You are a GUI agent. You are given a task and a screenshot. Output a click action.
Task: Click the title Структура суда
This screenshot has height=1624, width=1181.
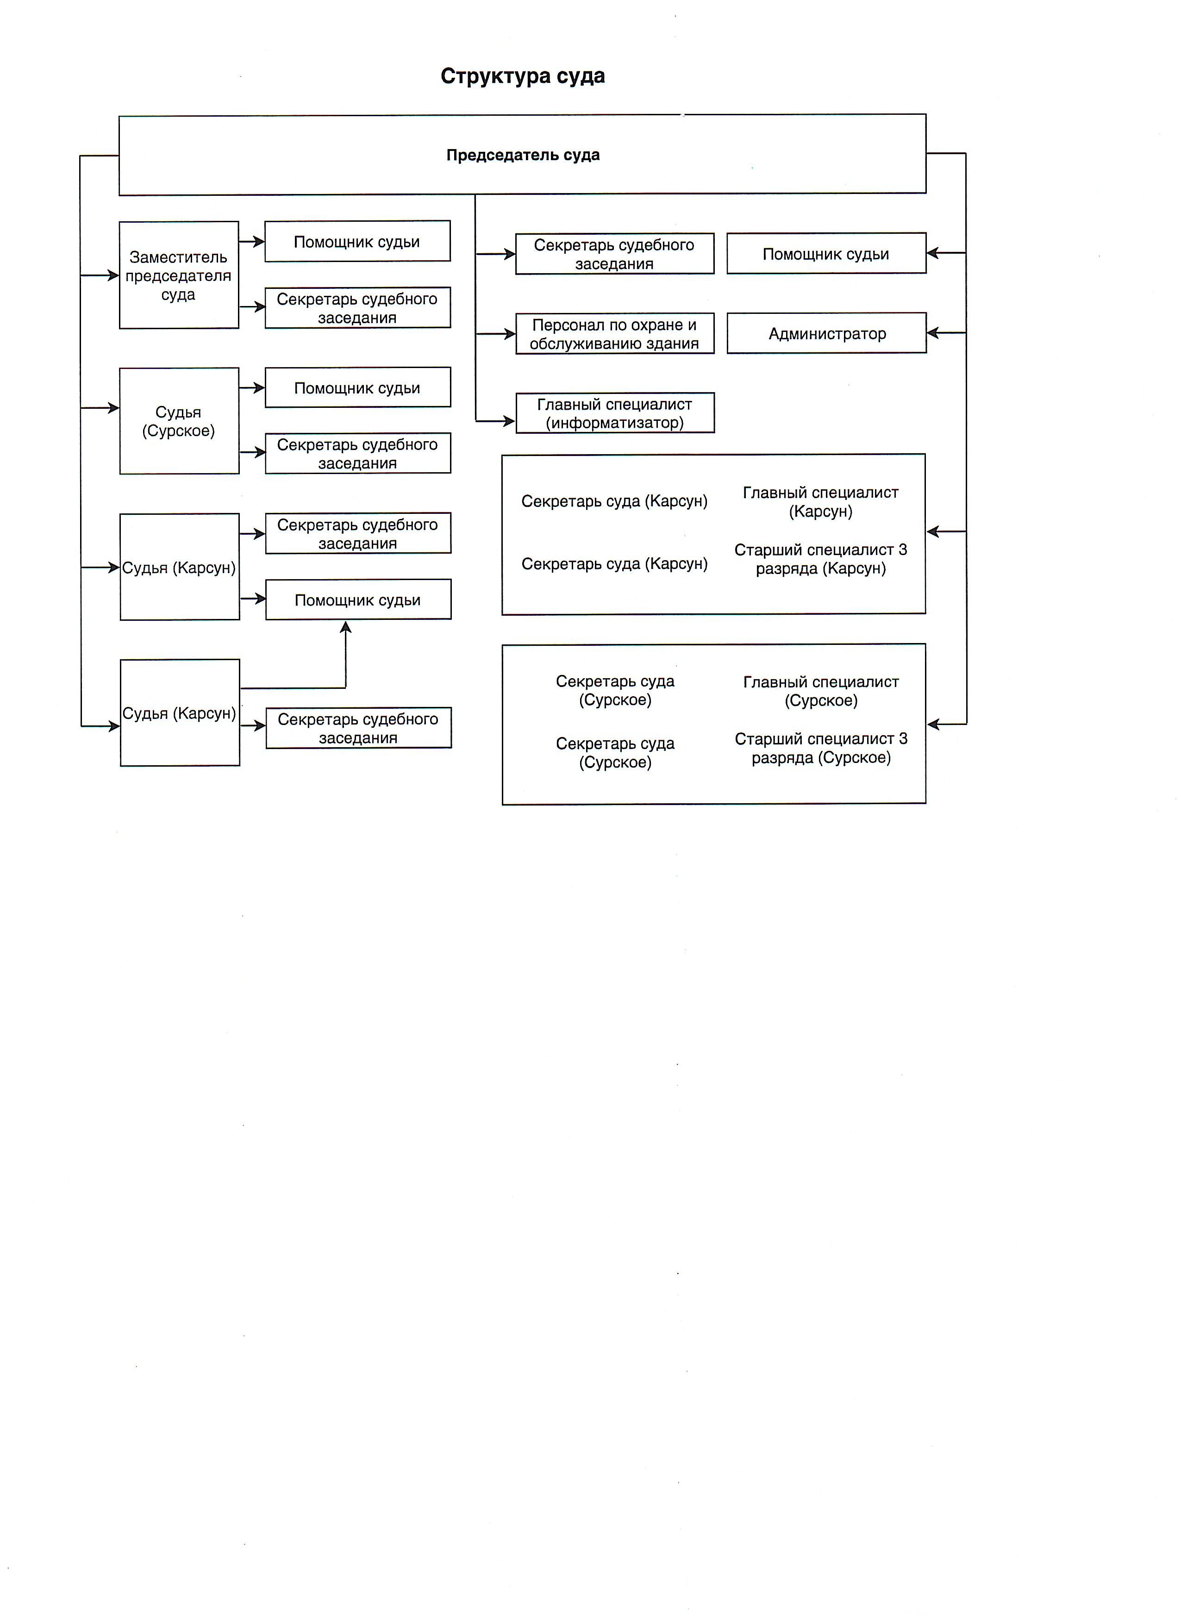pos(522,76)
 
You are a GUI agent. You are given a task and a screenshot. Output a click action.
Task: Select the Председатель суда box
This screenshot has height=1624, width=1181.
pos(522,155)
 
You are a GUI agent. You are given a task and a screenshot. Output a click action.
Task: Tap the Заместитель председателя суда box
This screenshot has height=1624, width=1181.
pos(178,275)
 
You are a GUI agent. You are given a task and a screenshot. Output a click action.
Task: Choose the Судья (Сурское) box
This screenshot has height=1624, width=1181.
pos(178,421)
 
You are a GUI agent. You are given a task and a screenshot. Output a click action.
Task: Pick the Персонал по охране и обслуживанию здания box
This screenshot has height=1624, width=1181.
pos(614,334)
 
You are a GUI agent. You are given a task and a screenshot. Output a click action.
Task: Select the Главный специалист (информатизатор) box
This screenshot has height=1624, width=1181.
pos(614,413)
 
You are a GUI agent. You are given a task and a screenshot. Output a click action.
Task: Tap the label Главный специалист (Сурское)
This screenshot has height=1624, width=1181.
pos(821,691)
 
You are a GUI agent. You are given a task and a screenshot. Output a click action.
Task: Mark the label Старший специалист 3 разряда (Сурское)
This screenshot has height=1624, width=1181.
pos(821,748)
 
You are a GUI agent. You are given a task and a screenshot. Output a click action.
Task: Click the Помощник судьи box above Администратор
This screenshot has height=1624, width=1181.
pos(826,254)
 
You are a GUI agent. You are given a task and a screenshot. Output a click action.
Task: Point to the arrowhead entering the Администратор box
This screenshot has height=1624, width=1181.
pos(932,333)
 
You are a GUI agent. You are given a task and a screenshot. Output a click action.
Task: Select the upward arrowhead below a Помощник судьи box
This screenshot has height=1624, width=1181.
pos(346,627)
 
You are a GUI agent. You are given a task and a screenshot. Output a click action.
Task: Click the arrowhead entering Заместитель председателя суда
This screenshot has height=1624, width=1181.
pos(113,275)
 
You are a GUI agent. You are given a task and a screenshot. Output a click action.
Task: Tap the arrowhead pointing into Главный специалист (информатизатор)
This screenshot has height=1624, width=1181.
pos(509,421)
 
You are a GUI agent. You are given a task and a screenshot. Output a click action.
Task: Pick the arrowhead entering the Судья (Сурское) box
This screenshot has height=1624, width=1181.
pos(113,408)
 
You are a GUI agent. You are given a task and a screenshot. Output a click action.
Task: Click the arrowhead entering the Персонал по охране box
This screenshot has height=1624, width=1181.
pos(509,334)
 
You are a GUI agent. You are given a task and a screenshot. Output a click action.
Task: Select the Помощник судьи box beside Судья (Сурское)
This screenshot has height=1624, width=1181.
pos(357,388)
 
